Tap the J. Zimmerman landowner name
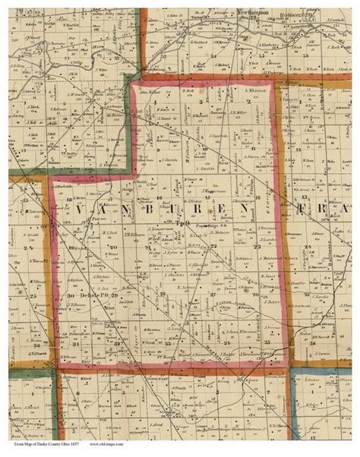pyautogui.click(x=142, y=227)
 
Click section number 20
pyautogui.click(x=114, y=248)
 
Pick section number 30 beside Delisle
pyautogui.click(x=70, y=295)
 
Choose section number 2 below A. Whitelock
pyautogui.click(x=251, y=101)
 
